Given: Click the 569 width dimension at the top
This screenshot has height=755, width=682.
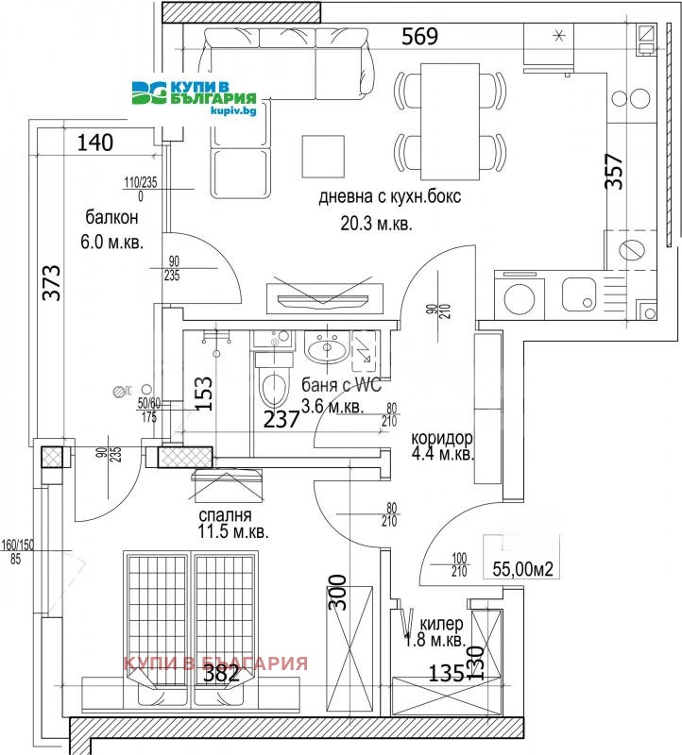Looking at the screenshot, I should coord(419,37).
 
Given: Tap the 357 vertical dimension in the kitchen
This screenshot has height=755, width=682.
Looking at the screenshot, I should coord(615,172).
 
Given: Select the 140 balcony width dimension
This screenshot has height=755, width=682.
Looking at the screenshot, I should coord(95,143).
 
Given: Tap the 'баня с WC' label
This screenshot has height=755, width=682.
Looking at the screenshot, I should coord(342,385).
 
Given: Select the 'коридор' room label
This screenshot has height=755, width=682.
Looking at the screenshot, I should coord(441,439).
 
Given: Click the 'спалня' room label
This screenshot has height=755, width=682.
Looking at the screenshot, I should coord(224,515).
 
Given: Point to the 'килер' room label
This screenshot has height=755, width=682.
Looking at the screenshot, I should coord(440,624).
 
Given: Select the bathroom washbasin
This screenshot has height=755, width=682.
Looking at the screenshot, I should coord(327,349).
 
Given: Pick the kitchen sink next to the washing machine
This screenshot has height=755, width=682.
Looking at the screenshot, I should coord(578,295).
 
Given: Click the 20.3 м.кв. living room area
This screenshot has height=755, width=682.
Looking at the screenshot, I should coord(376,225).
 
